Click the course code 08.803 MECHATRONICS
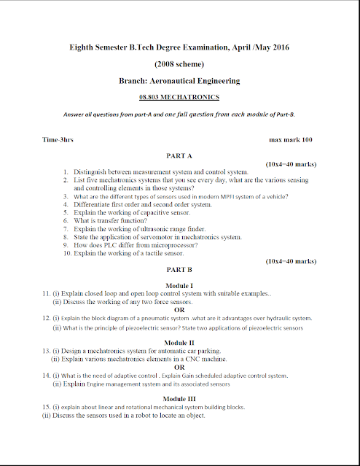coord(179,96)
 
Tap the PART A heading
coord(179,156)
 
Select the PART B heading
coord(179,269)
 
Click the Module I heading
coord(179,284)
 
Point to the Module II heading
coord(179,342)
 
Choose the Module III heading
coord(179,399)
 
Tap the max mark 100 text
coord(291,139)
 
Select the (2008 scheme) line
coord(179,64)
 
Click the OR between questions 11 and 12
coord(179,309)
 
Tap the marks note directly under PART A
coord(291,165)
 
